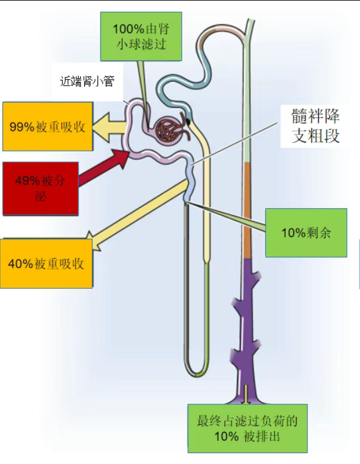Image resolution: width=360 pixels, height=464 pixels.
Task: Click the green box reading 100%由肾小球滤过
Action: pyautogui.click(x=141, y=36)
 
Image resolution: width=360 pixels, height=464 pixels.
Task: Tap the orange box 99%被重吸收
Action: pyautogui.click(x=48, y=127)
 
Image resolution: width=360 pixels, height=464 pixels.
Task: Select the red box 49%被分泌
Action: pyautogui.click(x=40, y=188)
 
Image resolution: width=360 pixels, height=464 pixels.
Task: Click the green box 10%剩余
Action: pyautogui.click(x=306, y=233)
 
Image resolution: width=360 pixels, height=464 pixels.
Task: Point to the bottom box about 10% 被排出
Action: pyautogui.click(x=247, y=428)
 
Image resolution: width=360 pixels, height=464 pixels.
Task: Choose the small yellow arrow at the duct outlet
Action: pyautogui.click(x=246, y=394)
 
